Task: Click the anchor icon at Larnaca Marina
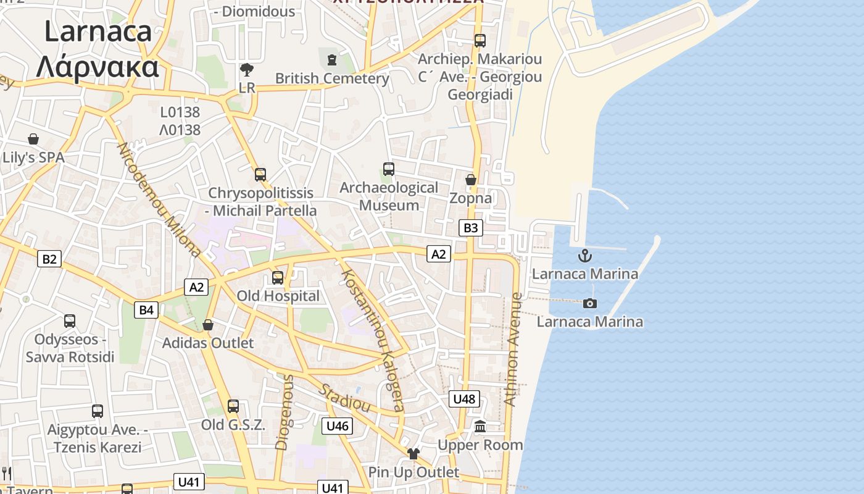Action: pyautogui.click(x=584, y=255)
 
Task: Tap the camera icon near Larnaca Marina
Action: pyautogui.click(x=590, y=303)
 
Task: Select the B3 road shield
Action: pyautogui.click(x=470, y=228)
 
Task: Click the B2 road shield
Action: pyautogui.click(x=49, y=259)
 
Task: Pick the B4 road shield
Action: pyautogui.click(x=146, y=309)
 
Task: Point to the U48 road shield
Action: pyautogui.click(x=463, y=399)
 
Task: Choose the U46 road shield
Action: pyautogui.click(x=337, y=425)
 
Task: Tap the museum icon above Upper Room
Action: pyautogui.click(x=480, y=426)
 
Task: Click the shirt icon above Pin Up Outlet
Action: pyautogui.click(x=413, y=454)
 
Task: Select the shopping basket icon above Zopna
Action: pyautogui.click(x=471, y=180)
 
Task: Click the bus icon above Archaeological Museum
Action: pyautogui.click(x=389, y=169)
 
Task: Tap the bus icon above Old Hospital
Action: pyautogui.click(x=278, y=278)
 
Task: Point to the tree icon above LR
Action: pyautogui.click(x=247, y=69)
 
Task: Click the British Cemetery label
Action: pyautogui.click(x=332, y=78)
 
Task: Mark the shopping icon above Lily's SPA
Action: pyautogui.click(x=33, y=139)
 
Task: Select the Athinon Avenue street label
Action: pyautogui.click(x=513, y=349)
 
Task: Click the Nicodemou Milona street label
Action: pyautogui.click(x=159, y=199)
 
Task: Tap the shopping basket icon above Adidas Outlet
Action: pyautogui.click(x=208, y=325)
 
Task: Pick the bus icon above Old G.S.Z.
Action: pyautogui.click(x=233, y=406)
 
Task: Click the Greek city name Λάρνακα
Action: pyautogui.click(x=97, y=66)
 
